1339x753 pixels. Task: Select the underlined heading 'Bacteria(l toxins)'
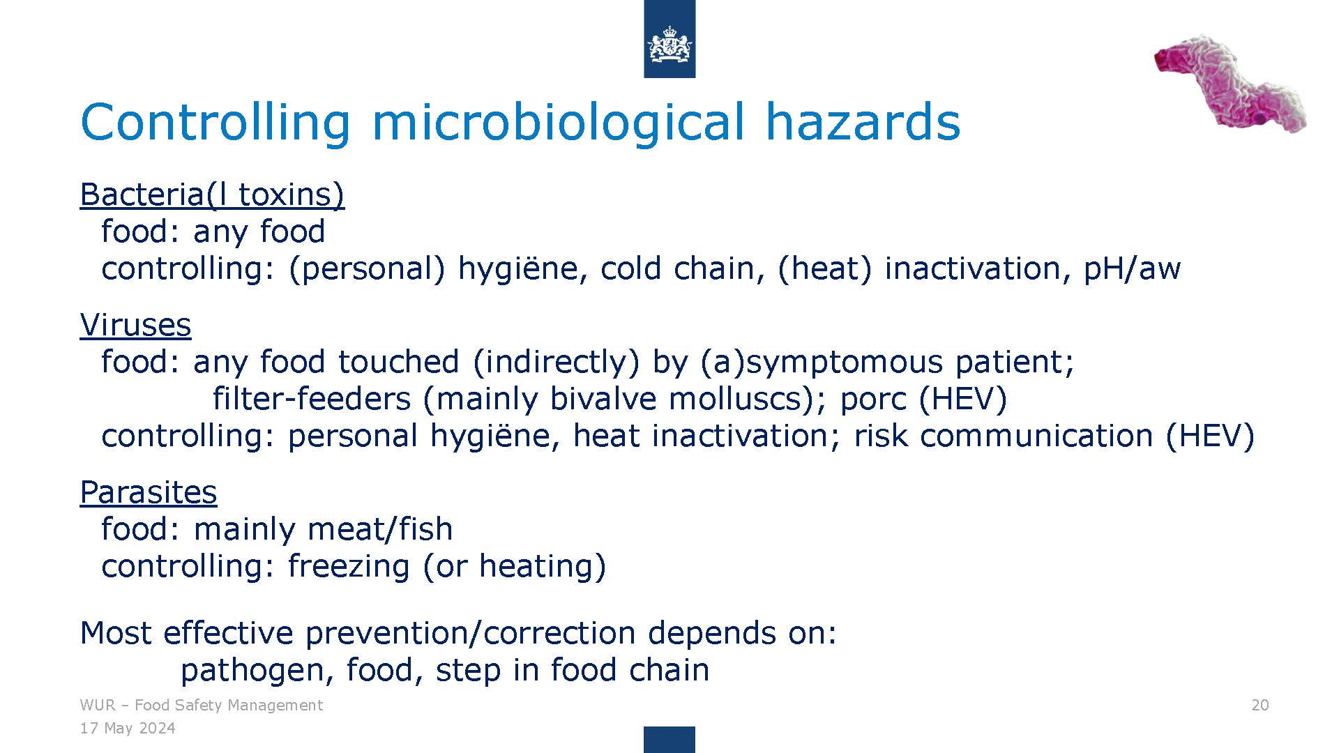tap(212, 195)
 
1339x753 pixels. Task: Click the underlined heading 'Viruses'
tap(135, 325)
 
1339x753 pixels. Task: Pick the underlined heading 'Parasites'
tap(149, 492)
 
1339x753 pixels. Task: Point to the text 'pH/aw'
tap(1132, 269)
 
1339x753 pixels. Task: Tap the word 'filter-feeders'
tap(312, 399)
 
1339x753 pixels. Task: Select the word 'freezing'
tap(349, 566)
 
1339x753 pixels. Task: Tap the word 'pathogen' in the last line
tap(252, 671)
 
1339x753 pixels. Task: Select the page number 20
tap(1260, 706)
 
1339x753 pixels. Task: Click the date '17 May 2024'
tap(128, 729)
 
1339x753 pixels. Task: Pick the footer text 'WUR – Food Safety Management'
tap(202, 706)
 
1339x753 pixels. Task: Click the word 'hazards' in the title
tap(863, 122)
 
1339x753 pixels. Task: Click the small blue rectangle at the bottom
tap(669, 740)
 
